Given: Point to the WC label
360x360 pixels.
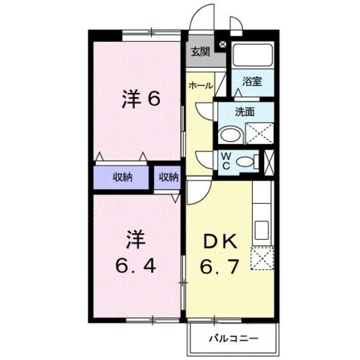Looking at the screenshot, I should coord(226,161).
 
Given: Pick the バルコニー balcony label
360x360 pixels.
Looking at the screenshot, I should coord(233,337).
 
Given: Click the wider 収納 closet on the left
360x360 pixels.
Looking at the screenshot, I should coord(122,177).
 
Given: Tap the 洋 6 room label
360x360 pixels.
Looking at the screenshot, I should coord(140,99).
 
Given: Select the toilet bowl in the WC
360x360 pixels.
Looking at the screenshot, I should coord(246,161).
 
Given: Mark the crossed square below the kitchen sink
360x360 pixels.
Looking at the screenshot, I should coord(263,259).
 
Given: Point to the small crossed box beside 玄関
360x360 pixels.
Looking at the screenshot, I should coord(222,44).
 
